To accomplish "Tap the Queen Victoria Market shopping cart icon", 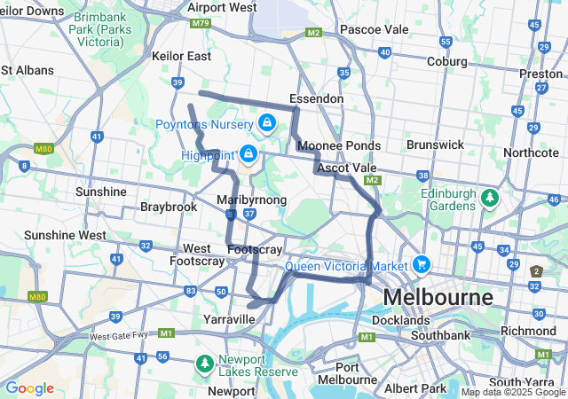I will (x=421, y=264).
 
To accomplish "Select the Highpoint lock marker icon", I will (x=249, y=155).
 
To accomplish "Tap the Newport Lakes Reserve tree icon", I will (x=204, y=364).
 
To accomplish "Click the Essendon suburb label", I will (x=316, y=98).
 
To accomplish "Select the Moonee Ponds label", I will (x=339, y=145).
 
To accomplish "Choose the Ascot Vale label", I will (x=346, y=168).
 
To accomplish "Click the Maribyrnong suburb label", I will (x=252, y=200).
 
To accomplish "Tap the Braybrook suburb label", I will (x=168, y=207).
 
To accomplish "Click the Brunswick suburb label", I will (x=435, y=144).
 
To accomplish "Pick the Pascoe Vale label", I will (x=374, y=29).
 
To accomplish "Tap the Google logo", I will (x=29, y=388).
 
